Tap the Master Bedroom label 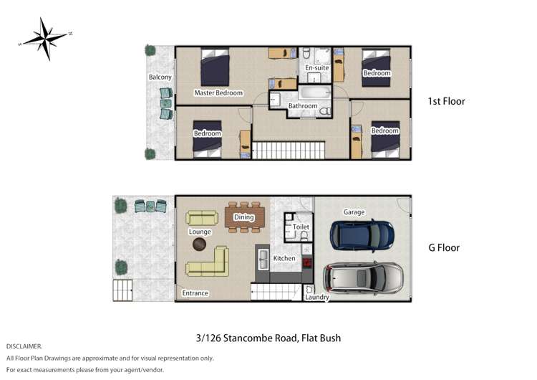pos(218,92)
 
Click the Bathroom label pos(302,106)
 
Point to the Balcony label pos(160,77)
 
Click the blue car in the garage pos(362,233)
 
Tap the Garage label pos(354,212)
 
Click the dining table pos(244,218)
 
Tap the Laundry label pos(316,297)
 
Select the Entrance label pos(195,293)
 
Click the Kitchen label pos(284,258)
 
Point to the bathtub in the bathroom pos(313,92)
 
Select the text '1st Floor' pos(445,101)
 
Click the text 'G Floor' pos(444,248)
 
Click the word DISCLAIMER pos(24,346)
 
